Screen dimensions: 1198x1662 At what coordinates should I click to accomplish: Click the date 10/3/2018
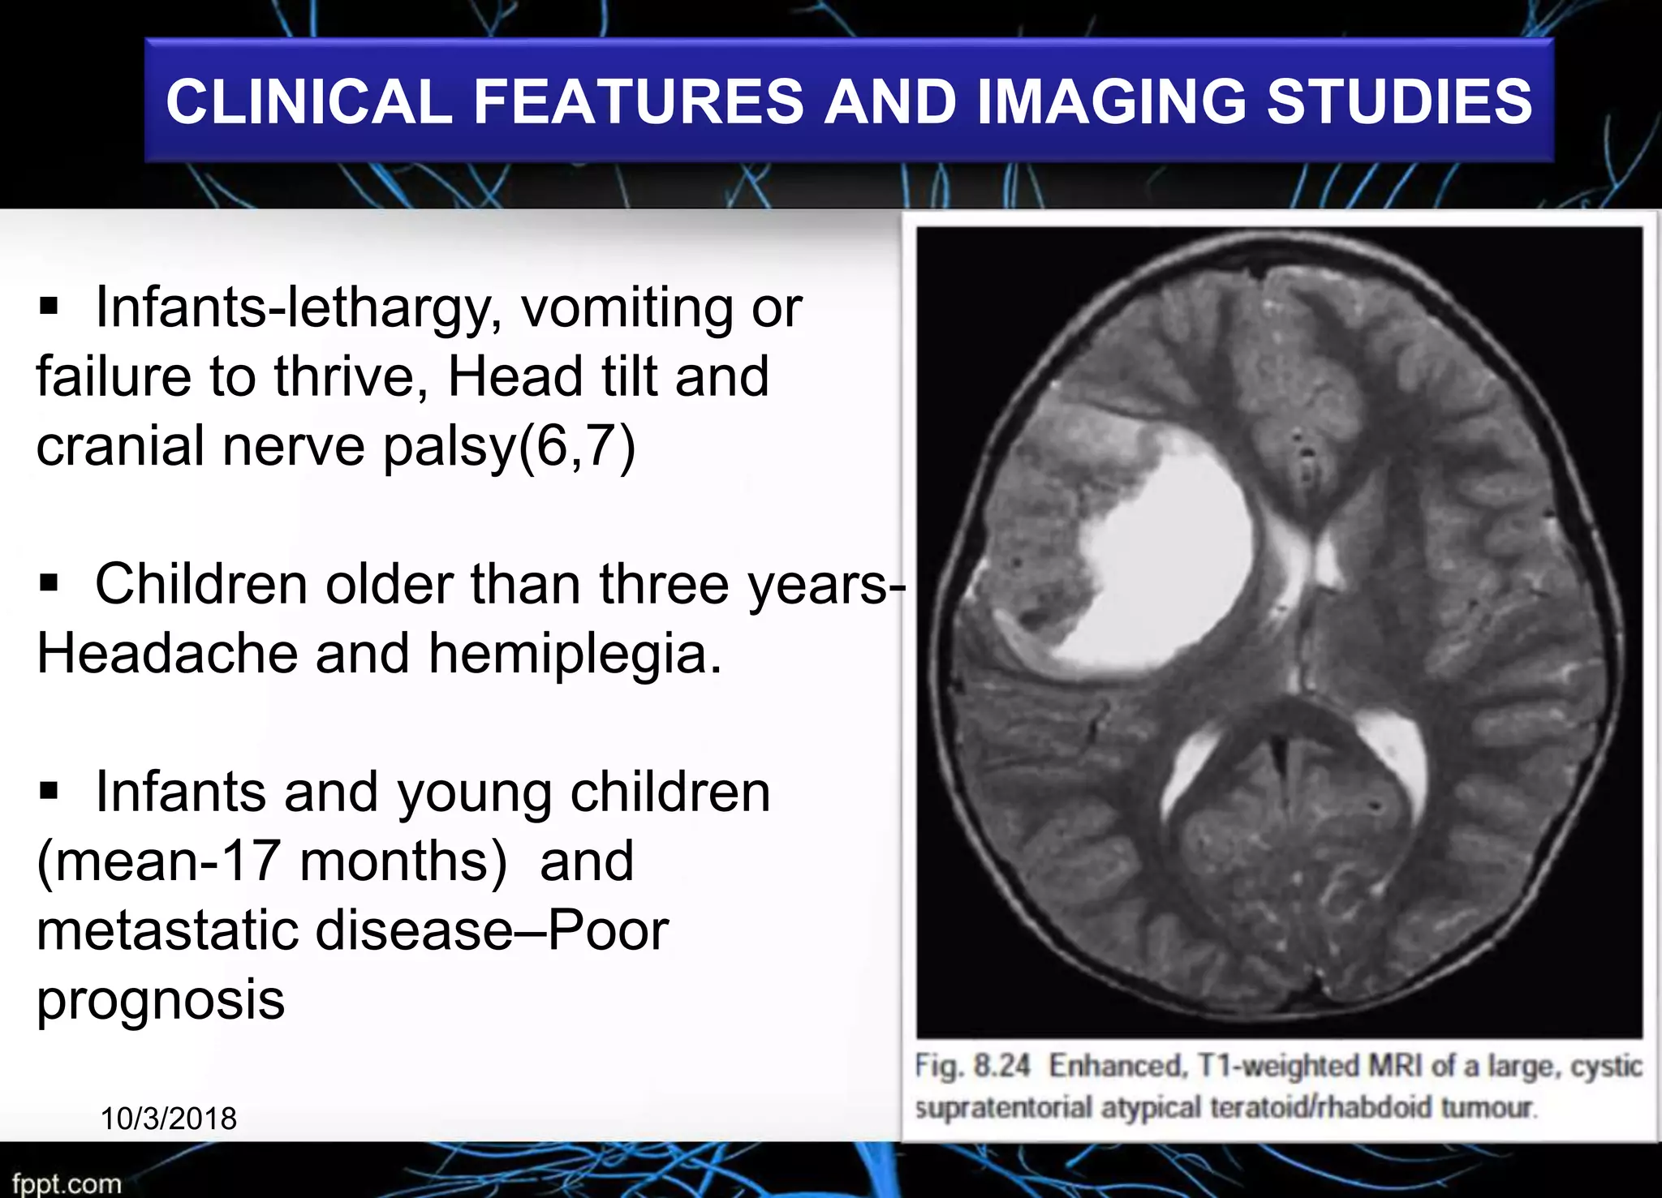169,1119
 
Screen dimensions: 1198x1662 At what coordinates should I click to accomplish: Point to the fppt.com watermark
67,1183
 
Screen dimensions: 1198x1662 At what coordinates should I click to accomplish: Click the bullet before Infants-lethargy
50,307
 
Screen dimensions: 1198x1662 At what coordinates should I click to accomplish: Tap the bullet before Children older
50,583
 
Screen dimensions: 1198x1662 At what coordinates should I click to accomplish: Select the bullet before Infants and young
50,791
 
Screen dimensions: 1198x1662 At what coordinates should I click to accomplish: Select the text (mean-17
159,861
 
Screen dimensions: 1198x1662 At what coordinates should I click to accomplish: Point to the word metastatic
166,930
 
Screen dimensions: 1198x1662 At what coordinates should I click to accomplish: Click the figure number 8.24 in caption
1001,1065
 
